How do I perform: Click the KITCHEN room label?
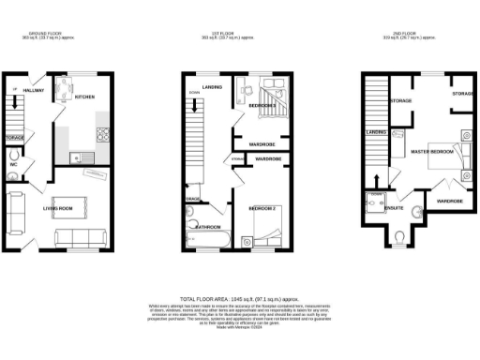[x=83, y=97]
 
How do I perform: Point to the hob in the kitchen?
[x=102, y=131]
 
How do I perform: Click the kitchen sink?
[x=76, y=154]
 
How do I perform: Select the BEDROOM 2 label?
[x=262, y=207]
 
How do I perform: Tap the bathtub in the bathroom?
[x=207, y=242]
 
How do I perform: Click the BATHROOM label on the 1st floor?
[x=207, y=226]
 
